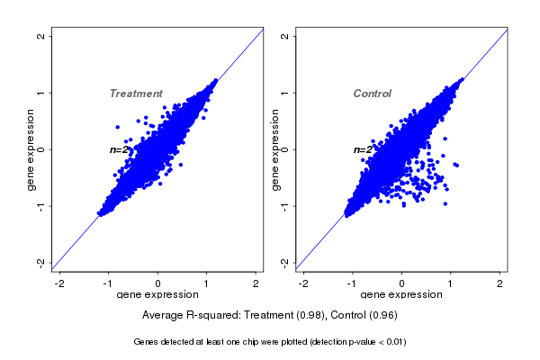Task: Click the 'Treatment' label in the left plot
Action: (136, 94)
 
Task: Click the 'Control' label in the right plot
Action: (372, 94)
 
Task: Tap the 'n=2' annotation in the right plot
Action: (363, 149)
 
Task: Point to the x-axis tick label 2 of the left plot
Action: (256, 283)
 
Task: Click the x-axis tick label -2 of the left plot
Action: (59, 283)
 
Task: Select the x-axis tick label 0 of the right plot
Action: (402, 283)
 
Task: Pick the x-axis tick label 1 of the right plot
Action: (452, 283)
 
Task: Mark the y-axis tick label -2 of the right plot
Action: (285, 262)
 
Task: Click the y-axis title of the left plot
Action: (31, 149)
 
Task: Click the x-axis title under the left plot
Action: (158, 295)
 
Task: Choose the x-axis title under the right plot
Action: (402, 295)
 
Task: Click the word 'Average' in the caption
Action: (165, 315)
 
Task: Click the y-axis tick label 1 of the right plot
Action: (285, 93)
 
